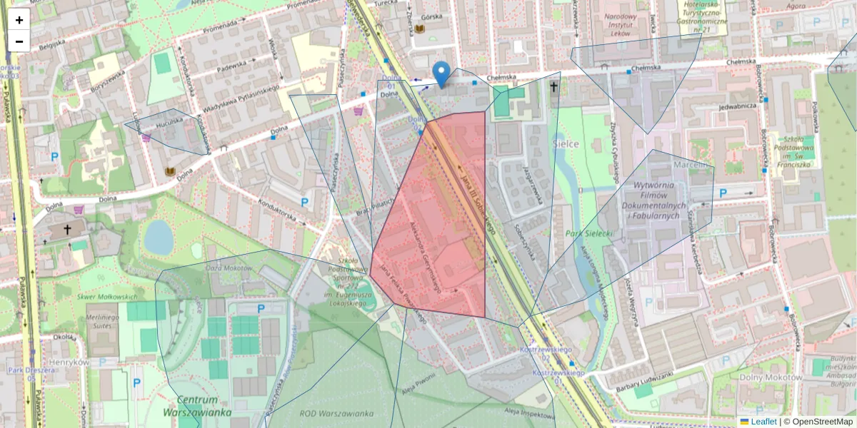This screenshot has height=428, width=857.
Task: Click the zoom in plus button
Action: [19, 20]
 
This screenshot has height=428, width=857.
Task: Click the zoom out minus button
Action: [19, 41]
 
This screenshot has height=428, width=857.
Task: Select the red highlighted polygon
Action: [436, 228]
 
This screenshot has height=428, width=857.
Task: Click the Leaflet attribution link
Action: [763, 422]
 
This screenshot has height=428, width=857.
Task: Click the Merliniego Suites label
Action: [102, 322]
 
